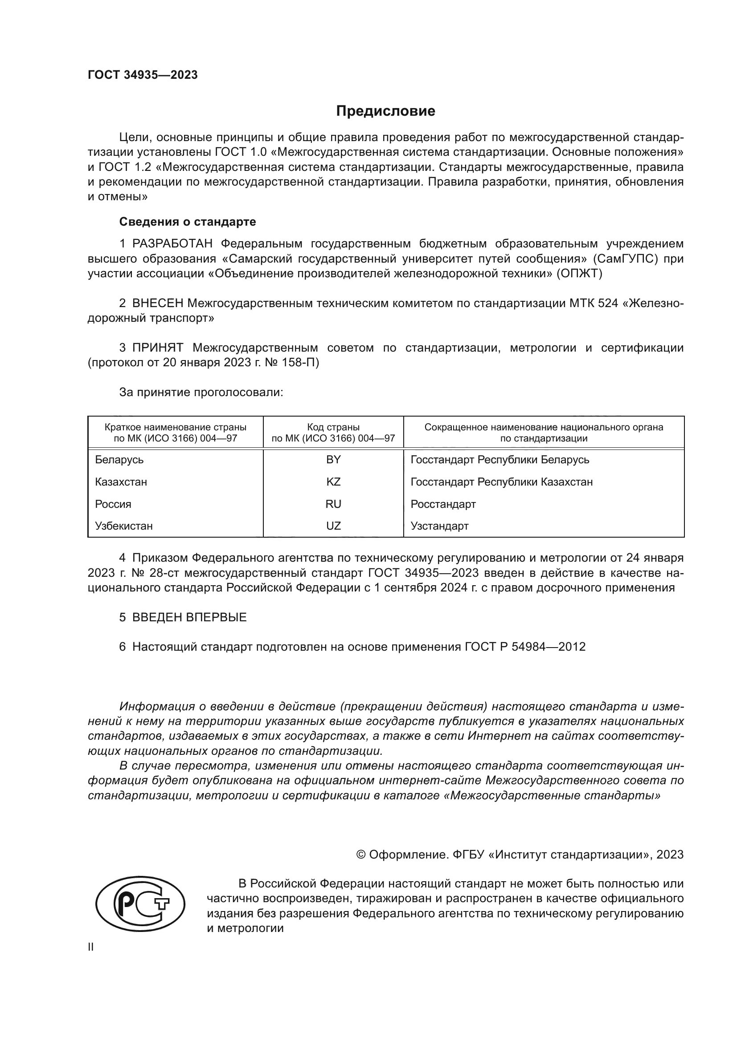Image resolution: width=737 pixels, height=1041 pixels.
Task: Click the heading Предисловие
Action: pyautogui.click(x=385, y=111)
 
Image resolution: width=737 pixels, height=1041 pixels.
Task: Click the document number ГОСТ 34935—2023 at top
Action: pyautogui.click(x=143, y=75)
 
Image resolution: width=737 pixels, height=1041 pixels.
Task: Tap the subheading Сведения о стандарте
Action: pyautogui.click(x=188, y=222)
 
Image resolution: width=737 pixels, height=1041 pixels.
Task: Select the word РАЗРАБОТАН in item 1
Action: pyautogui.click(x=172, y=244)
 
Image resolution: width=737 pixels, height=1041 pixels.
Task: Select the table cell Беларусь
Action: pyautogui.click(x=119, y=460)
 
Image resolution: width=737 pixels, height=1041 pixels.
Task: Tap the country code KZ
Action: pyautogui.click(x=333, y=482)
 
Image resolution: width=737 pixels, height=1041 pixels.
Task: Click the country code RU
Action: pyautogui.click(x=333, y=504)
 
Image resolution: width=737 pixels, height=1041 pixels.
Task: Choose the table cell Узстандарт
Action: pyautogui.click(x=439, y=526)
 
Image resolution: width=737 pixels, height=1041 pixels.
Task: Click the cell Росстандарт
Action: pyautogui.click(x=443, y=504)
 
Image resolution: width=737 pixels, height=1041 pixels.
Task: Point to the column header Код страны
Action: pyautogui.click(x=333, y=427)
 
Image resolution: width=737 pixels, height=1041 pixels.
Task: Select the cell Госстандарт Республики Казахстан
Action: pyautogui.click(x=501, y=482)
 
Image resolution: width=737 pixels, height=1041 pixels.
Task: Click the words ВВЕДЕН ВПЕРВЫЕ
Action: pyautogui.click(x=189, y=617)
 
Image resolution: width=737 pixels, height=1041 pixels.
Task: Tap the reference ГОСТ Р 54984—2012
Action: pyautogui.click(x=525, y=647)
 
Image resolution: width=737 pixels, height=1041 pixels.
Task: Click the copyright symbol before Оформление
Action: pyautogui.click(x=361, y=854)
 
